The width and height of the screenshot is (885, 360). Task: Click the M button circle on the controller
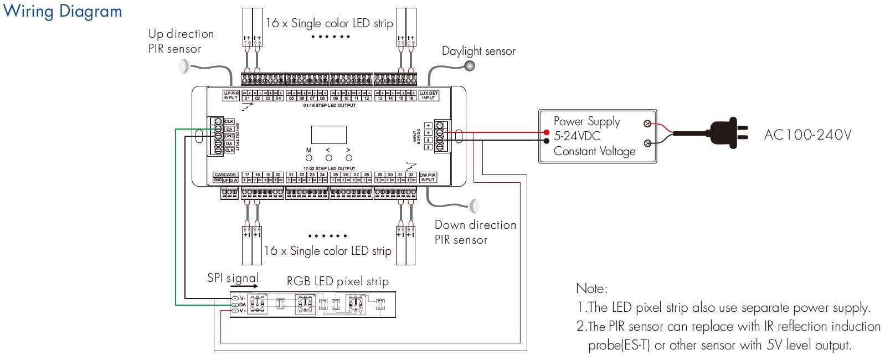(x=309, y=158)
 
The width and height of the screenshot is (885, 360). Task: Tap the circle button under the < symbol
(x=328, y=158)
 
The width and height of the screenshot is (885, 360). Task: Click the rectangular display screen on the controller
(x=328, y=135)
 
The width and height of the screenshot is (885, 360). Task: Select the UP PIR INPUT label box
(x=231, y=95)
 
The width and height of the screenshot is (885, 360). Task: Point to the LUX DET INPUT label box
(x=428, y=95)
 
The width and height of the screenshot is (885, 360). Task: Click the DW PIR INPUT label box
(x=428, y=177)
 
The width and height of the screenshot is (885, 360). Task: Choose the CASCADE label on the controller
(x=225, y=174)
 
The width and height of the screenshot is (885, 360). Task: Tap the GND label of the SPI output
(x=229, y=136)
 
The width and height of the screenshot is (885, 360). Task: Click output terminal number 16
(x=411, y=98)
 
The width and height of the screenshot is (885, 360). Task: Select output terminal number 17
(x=247, y=175)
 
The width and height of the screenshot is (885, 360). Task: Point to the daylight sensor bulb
(x=470, y=66)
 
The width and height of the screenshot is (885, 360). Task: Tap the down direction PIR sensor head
(x=474, y=206)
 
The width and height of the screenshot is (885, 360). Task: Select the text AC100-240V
(x=807, y=135)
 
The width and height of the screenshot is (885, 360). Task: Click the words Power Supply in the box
(x=586, y=121)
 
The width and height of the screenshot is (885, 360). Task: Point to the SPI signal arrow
(x=244, y=286)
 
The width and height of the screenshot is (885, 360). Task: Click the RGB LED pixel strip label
(x=337, y=281)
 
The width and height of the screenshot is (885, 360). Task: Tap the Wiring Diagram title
(x=62, y=11)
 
